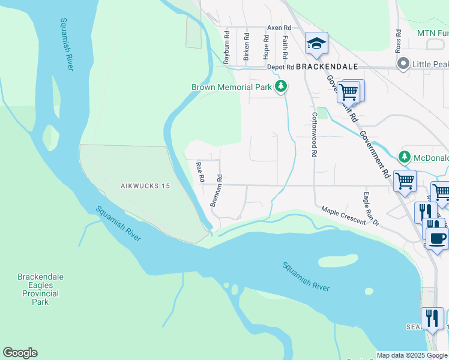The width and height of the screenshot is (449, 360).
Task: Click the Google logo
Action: point(20,353)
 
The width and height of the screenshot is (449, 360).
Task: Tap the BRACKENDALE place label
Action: point(327,66)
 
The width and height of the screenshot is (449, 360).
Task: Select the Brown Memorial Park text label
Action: point(232,87)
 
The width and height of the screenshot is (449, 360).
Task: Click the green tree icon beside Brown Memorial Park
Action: point(280,87)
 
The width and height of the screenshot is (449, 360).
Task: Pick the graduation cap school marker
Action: point(316,43)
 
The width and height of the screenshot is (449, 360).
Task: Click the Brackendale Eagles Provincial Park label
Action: point(40,289)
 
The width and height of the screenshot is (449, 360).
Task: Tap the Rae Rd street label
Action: point(201,171)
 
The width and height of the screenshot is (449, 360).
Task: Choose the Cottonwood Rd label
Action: point(313,134)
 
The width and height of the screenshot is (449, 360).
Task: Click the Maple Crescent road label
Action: point(343,216)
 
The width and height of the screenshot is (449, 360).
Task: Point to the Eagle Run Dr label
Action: point(372,209)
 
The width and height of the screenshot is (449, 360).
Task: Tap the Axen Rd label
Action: point(279,28)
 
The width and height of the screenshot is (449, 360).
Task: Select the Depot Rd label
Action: point(280,67)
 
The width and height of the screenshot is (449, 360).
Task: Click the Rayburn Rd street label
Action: point(227,48)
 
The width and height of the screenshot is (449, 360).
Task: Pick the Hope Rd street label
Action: point(265,46)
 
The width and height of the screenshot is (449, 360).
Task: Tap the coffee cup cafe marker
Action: point(436,238)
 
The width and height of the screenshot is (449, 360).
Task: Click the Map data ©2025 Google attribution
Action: point(412,355)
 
